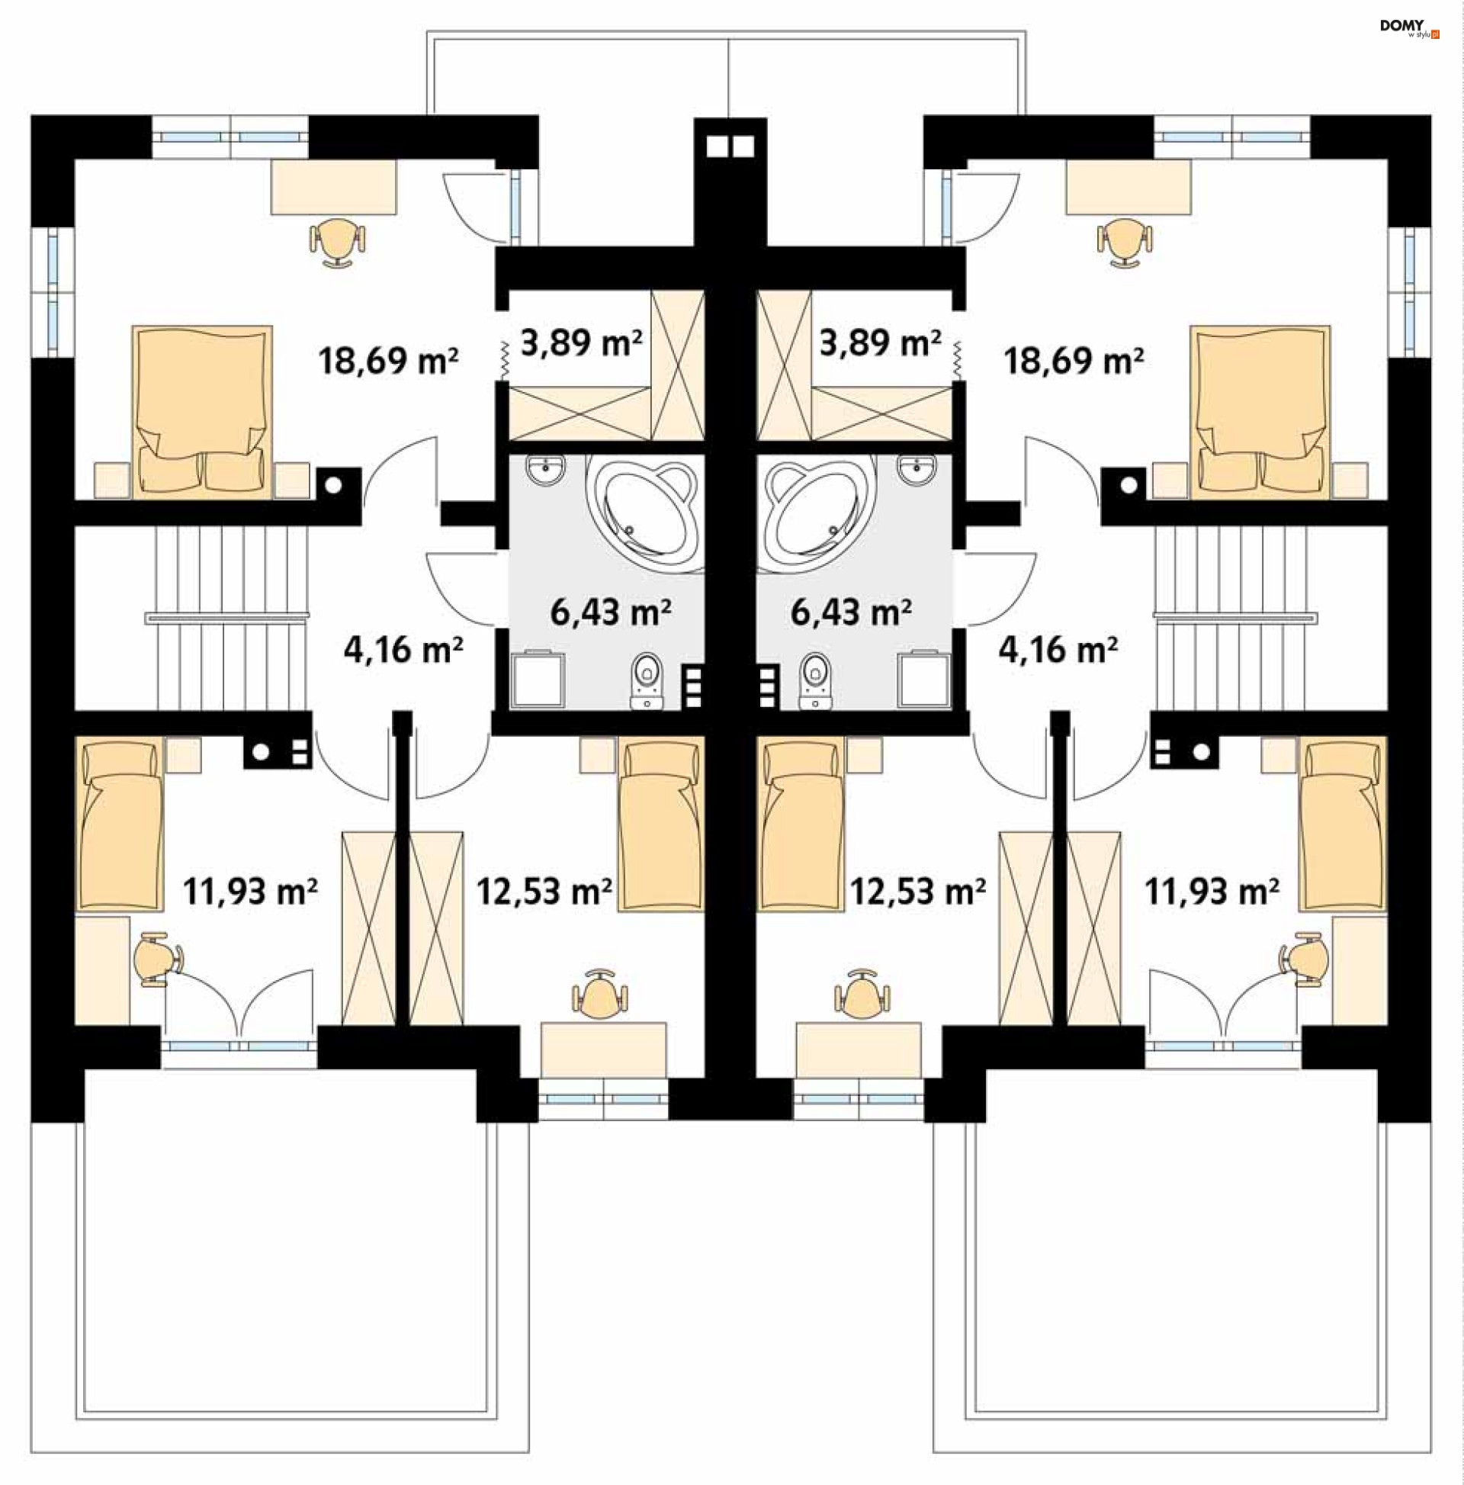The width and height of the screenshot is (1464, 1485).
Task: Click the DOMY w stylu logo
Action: tap(1409, 28)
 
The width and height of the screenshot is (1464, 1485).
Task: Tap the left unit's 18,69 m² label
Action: tap(388, 361)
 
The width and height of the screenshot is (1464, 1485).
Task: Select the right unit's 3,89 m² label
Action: tap(880, 342)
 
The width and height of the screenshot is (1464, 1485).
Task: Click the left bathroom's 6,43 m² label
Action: tap(611, 612)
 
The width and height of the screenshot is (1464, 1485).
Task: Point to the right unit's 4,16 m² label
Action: tap(1058, 651)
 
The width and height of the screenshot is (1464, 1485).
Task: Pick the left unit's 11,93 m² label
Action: tap(251, 892)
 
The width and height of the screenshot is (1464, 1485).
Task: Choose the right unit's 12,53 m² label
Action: tap(917, 892)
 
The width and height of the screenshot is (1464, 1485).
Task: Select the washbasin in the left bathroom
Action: tap(546, 468)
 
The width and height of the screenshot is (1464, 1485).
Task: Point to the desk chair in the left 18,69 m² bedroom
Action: tap(336, 242)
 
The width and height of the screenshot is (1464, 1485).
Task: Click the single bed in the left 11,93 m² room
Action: tap(120, 824)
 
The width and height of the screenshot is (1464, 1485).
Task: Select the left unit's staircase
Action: tap(230, 618)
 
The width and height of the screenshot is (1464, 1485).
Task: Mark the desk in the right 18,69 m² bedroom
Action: tap(1128, 187)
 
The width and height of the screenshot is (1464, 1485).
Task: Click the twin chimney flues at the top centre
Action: tap(730, 146)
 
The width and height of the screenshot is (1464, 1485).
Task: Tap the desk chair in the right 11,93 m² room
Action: tap(1302, 959)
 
